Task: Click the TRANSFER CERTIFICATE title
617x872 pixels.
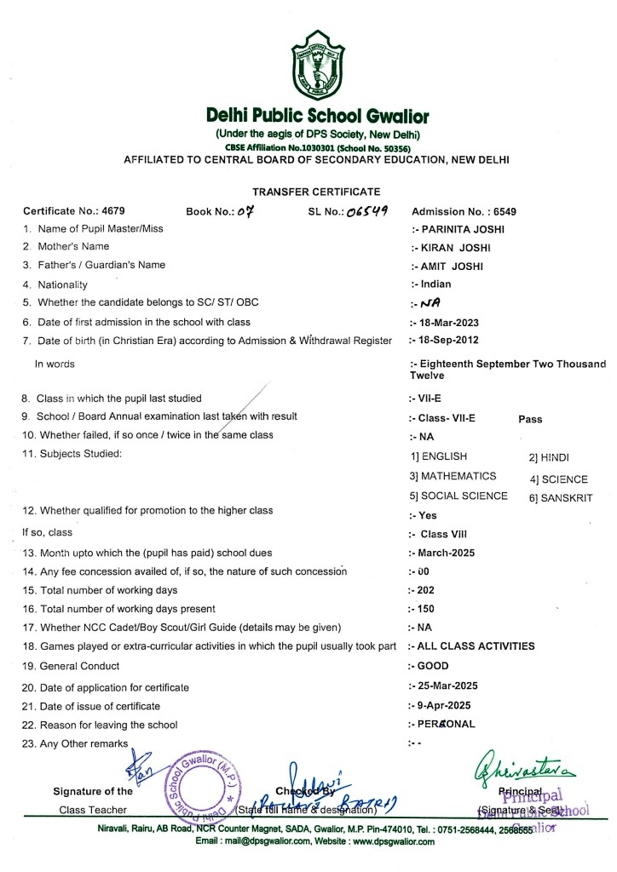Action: pyautogui.click(x=316, y=192)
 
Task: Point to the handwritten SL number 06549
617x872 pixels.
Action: pyautogui.click(x=369, y=211)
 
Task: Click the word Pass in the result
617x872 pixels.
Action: pyautogui.click(x=530, y=419)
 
